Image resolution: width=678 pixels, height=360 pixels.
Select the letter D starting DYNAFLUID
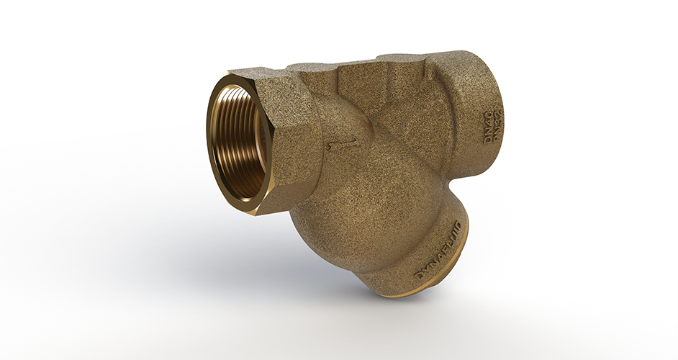coord(418,276)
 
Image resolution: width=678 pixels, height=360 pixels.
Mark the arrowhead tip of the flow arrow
coord(327,148)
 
